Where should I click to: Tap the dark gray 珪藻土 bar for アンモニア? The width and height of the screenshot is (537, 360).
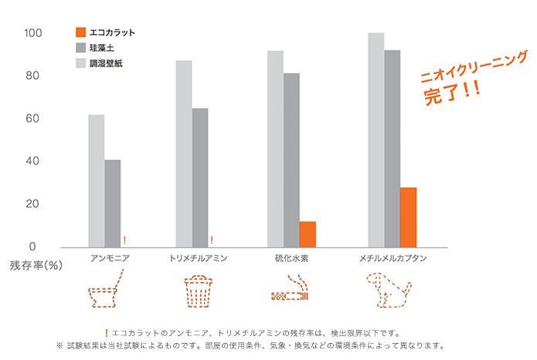pyautogui.click(x=113, y=203)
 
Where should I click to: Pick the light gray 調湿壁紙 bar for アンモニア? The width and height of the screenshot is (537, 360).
pyautogui.click(x=96, y=181)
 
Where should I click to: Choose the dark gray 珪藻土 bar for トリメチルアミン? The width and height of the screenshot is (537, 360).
pyautogui.click(x=199, y=178)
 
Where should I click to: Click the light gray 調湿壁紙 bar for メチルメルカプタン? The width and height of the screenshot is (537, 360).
pyautogui.click(x=376, y=140)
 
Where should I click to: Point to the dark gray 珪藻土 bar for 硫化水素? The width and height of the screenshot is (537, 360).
pyautogui.click(x=291, y=160)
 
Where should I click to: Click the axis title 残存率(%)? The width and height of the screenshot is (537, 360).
pyautogui.click(x=36, y=265)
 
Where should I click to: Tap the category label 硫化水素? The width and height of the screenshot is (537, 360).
pyautogui.click(x=291, y=258)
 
